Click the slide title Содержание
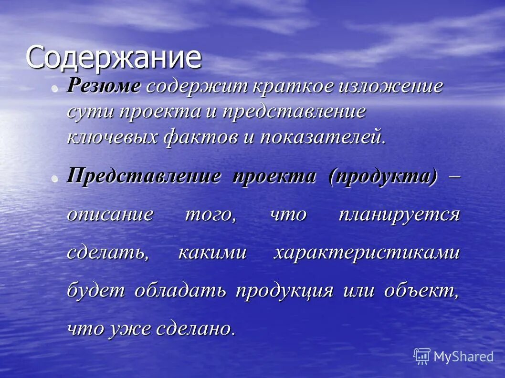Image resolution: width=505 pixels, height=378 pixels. (113, 58)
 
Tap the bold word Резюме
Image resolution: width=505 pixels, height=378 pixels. (104, 86)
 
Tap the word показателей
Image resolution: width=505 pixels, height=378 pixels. (322, 137)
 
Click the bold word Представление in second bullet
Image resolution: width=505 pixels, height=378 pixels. (144, 176)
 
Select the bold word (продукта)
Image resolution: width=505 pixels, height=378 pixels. (383, 176)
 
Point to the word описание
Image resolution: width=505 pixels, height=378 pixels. (110, 214)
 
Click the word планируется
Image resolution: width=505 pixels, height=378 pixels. (399, 214)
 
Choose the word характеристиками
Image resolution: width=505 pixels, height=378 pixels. (367, 252)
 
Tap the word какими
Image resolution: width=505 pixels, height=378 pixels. (212, 252)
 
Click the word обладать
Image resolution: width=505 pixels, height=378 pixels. (180, 290)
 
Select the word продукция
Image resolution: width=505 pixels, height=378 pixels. (284, 290)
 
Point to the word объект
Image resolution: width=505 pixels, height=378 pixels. (421, 290)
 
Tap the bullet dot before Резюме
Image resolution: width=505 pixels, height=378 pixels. (55, 88)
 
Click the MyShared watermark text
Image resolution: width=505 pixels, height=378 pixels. (463, 356)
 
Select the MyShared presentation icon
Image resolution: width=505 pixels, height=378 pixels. (421, 356)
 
